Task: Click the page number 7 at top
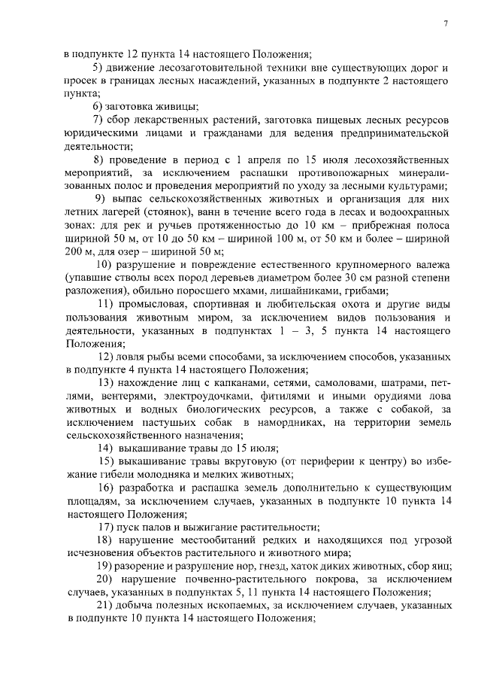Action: [445, 23]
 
